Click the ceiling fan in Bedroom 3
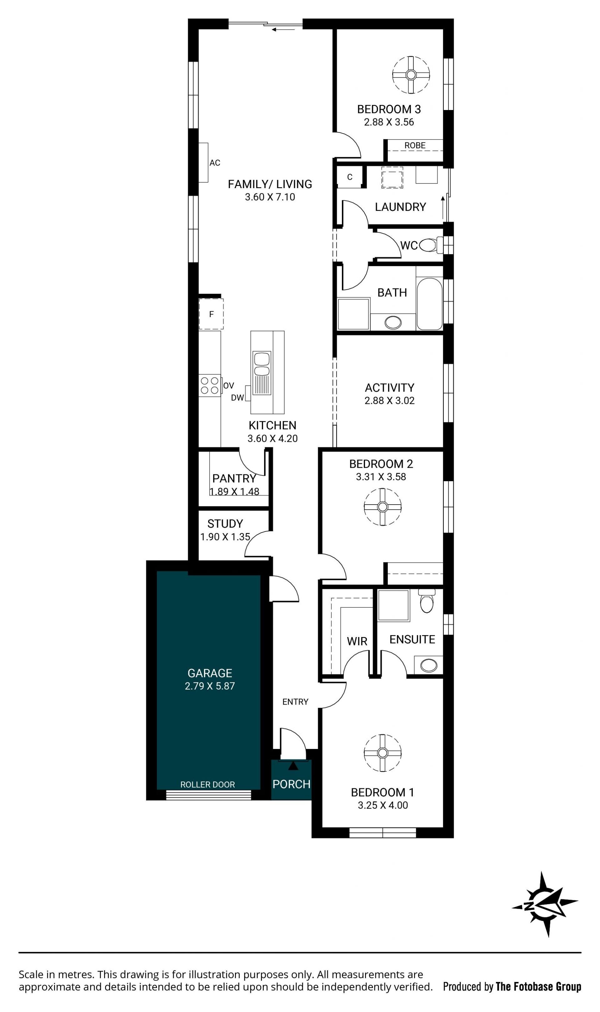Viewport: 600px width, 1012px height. click(411, 75)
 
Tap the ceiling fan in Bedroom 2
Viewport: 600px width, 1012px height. click(382, 507)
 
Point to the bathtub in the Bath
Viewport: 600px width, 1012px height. click(429, 304)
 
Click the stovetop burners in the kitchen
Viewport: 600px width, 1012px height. click(209, 386)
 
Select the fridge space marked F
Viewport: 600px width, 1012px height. click(211, 314)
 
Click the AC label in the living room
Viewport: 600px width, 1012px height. click(215, 163)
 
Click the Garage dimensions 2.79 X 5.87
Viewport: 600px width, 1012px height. click(210, 686)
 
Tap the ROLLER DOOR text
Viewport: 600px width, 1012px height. click(207, 785)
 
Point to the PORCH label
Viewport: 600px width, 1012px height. click(291, 785)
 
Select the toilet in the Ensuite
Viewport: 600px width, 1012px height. click(427, 601)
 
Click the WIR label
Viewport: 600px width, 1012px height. click(357, 641)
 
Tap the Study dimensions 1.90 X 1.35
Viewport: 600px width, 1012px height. click(225, 537)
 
